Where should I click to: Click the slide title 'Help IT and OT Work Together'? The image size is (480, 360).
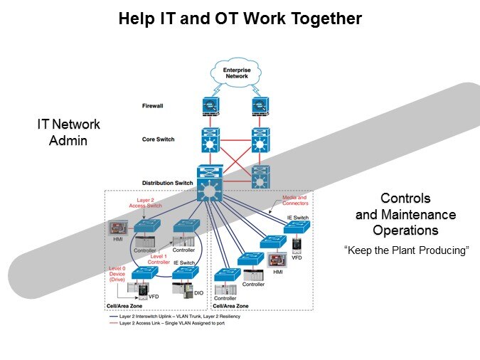point(240,19)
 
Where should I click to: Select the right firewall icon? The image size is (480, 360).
point(260,106)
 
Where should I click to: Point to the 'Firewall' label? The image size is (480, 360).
point(152,106)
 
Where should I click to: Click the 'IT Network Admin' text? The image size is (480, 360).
point(68,132)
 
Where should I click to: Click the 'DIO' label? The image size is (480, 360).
point(199,293)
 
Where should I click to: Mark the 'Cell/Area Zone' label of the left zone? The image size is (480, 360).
point(125,305)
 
